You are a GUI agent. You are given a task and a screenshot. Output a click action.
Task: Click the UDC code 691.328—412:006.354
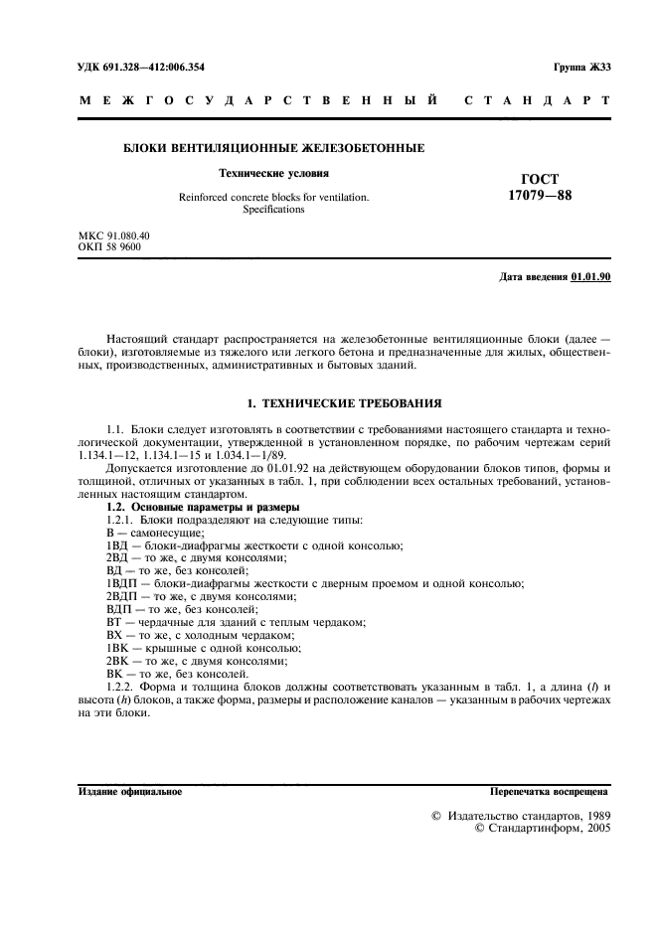pos(139,67)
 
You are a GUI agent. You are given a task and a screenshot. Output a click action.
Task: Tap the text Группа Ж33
pos(581,67)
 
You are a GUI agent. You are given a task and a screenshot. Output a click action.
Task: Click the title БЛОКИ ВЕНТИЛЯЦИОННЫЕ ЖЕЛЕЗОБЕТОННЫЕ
pos(273,148)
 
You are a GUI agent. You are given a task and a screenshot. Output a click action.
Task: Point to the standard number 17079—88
pos(539,195)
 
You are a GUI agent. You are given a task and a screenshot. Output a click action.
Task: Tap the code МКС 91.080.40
pos(113,235)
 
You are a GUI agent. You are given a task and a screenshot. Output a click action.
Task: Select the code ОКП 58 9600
pos(109,246)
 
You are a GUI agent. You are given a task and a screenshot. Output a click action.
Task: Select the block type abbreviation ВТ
pos(113,622)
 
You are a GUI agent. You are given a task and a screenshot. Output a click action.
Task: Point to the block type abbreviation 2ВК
pos(117,661)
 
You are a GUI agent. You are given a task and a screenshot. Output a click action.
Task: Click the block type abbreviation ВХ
pos(113,635)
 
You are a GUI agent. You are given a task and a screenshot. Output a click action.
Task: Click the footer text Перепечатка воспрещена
pos(550,792)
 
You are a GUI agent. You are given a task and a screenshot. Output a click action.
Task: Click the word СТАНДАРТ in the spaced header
pos(547,101)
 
